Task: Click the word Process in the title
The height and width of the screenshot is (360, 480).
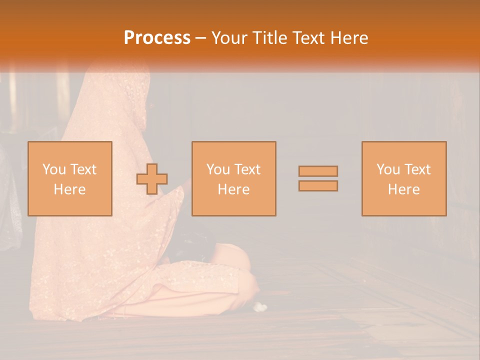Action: point(157,38)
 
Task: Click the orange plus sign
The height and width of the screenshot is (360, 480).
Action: point(152,179)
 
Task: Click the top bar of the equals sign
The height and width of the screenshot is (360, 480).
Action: point(318,171)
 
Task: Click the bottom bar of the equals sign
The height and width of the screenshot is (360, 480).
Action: point(318,185)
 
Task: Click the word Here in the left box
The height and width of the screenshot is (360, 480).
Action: point(69,189)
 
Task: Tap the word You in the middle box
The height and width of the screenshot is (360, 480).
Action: point(218,169)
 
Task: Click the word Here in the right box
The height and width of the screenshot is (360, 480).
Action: point(403,189)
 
